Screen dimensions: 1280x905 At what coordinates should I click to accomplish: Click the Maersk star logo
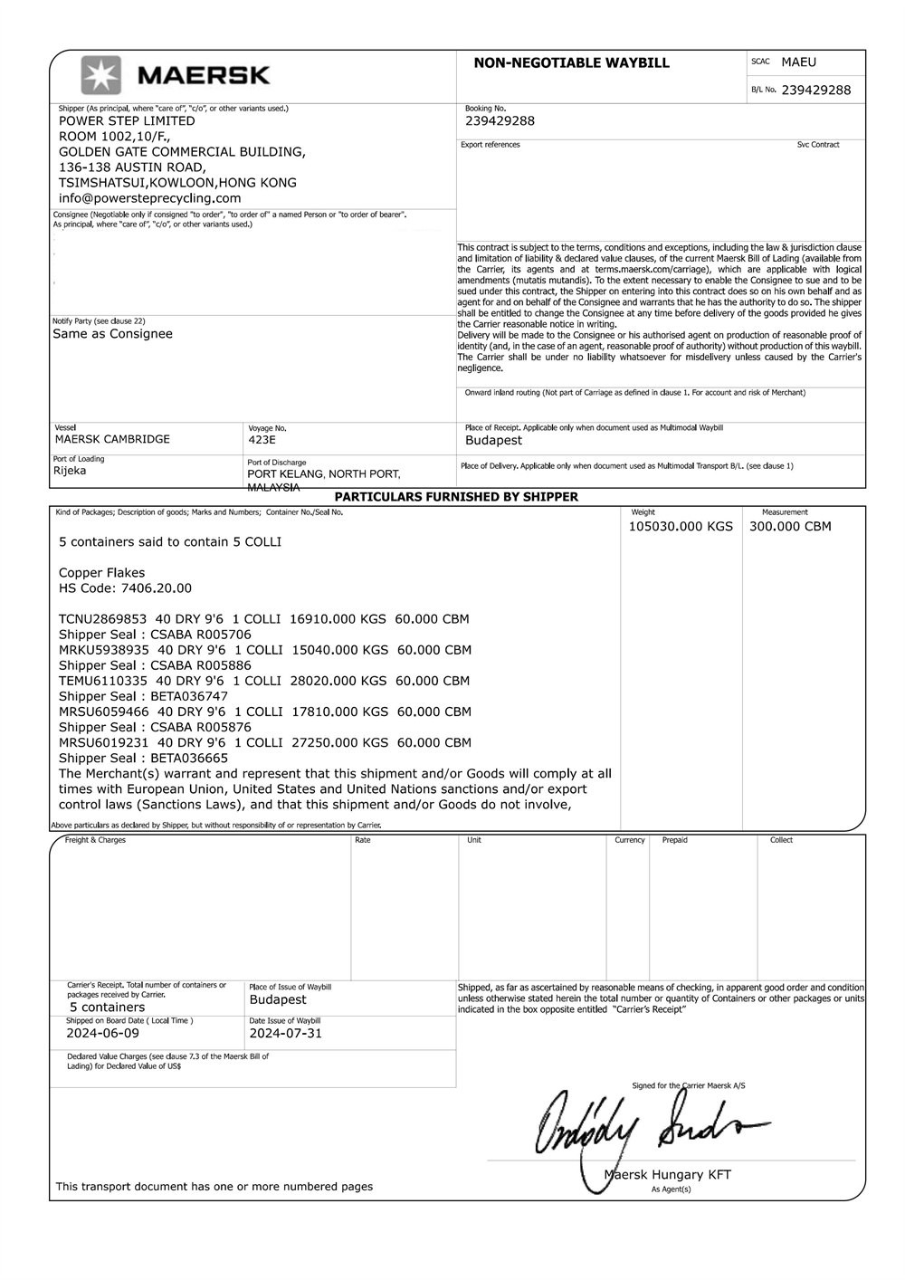pyautogui.click(x=101, y=75)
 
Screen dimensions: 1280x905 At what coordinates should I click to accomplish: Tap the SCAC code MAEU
pyautogui.click(x=798, y=62)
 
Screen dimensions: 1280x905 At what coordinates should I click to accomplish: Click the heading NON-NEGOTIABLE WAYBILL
pyautogui.click(x=571, y=62)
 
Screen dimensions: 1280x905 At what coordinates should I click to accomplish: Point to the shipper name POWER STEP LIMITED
pyautogui.click(x=127, y=120)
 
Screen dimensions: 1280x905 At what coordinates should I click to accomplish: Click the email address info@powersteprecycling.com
pyautogui.click(x=149, y=198)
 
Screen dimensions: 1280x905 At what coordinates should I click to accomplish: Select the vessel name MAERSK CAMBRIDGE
pyautogui.click(x=112, y=439)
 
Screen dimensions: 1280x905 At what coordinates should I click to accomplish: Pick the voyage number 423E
pyautogui.click(x=262, y=440)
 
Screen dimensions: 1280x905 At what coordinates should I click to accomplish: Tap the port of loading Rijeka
pyautogui.click(x=70, y=471)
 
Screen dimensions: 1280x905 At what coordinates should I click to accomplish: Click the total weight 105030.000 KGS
pyautogui.click(x=681, y=526)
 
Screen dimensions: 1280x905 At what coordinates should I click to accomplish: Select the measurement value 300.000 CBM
pyautogui.click(x=790, y=526)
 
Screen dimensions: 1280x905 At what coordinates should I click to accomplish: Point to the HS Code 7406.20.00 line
pyautogui.click(x=125, y=588)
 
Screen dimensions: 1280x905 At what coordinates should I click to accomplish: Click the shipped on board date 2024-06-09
pyautogui.click(x=103, y=1033)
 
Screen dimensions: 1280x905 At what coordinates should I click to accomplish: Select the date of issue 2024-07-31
pyautogui.click(x=286, y=1033)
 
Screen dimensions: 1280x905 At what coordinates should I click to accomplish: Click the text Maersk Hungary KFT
pyautogui.click(x=667, y=1175)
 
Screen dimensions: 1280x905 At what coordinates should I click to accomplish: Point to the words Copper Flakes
pyautogui.click(x=101, y=573)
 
